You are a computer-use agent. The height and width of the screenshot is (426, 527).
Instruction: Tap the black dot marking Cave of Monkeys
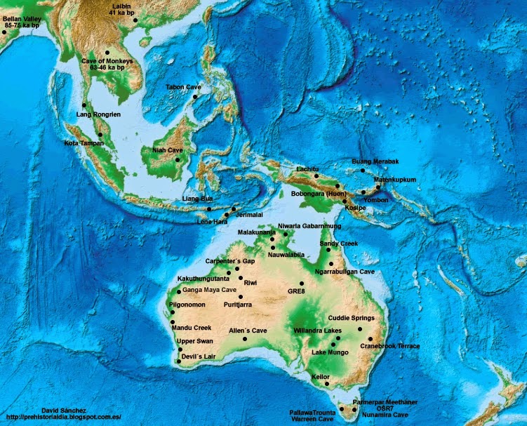(x=107, y=53)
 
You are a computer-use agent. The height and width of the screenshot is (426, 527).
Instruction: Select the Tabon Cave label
(x=183, y=87)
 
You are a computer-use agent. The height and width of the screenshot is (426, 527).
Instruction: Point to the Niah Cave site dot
(x=178, y=160)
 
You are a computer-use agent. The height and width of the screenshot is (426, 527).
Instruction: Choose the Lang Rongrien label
(x=95, y=115)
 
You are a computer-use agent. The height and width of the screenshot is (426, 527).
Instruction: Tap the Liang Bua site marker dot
(x=208, y=209)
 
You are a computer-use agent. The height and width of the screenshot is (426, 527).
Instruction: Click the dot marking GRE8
(x=302, y=284)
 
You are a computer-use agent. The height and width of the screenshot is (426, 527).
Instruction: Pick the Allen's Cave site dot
(x=245, y=340)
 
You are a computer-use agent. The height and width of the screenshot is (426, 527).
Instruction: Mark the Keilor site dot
(x=326, y=383)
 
